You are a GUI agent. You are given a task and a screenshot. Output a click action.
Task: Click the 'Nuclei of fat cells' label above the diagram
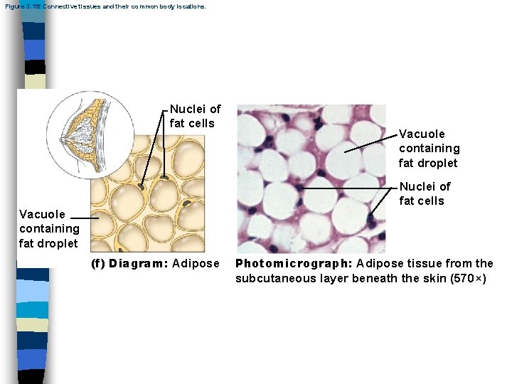[195, 116]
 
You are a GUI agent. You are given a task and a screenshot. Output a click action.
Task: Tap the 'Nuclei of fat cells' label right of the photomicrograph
[425, 193]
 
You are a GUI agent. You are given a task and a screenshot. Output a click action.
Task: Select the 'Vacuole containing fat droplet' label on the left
[49, 228]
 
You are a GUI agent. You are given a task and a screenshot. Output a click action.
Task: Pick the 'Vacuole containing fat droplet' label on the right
[429, 149]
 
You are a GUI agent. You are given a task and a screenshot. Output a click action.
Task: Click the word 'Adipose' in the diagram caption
[196, 264]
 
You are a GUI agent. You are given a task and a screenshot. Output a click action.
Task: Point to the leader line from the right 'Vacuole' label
[370, 143]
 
